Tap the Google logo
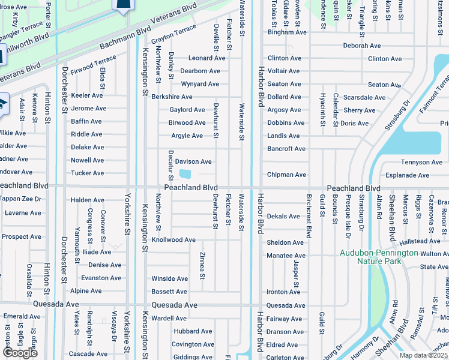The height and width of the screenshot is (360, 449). (19, 353)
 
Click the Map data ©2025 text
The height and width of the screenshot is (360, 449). (424, 355)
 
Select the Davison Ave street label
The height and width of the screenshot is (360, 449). (193, 161)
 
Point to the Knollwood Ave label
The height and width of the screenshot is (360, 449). (173, 239)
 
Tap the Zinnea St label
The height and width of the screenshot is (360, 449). (202, 266)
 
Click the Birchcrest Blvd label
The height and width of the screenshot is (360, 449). (309, 217)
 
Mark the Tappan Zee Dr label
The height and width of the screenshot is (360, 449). (21, 199)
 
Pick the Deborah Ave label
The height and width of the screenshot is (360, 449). (362, 46)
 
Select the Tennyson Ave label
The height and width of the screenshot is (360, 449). (421, 162)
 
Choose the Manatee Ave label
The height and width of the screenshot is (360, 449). (286, 256)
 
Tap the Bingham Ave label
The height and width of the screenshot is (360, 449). (287, 32)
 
